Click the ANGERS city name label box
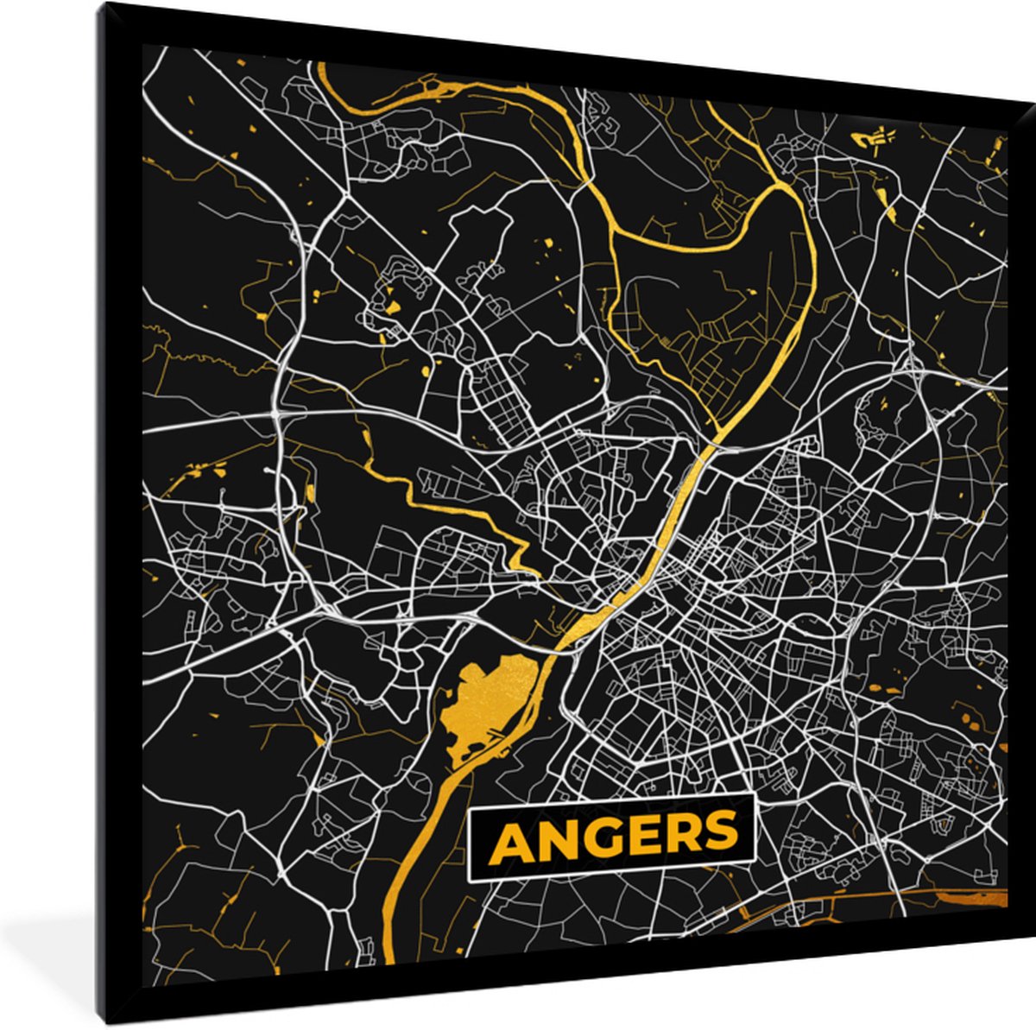click(611, 837)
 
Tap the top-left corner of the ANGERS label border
click(468, 812)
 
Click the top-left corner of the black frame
click(102, 3)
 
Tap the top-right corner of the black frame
click(1033, 99)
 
